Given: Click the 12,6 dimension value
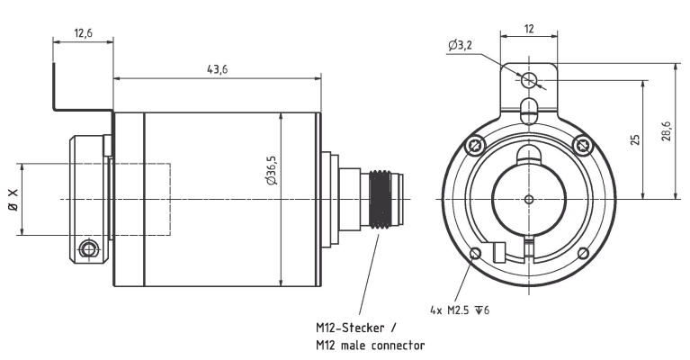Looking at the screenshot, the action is (x=83, y=33).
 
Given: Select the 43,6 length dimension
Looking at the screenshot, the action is (x=218, y=69).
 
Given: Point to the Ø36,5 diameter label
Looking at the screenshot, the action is (x=272, y=170).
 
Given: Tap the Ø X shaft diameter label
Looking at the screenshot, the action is (x=13, y=200).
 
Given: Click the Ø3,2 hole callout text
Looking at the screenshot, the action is (x=460, y=45).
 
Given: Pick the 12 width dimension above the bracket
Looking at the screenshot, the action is (x=529, y=29).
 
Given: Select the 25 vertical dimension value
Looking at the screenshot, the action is (x=635, y=140).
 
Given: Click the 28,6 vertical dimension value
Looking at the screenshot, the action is (x=667, y=131).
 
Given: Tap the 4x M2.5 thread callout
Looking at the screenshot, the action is (x=460, y=310).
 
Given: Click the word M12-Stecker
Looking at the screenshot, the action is (x=350, y=328).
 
